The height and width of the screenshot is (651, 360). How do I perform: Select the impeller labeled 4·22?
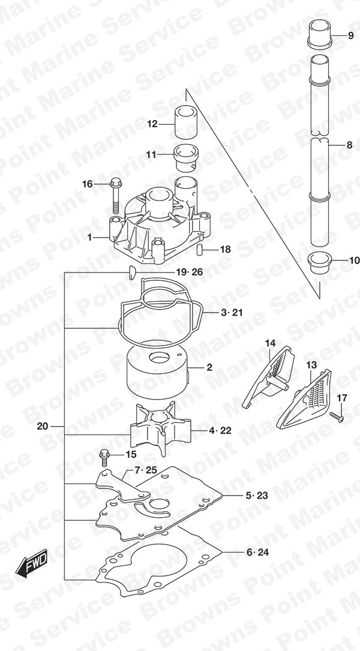coord(160,428)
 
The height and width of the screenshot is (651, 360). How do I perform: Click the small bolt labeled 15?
coord(103,458)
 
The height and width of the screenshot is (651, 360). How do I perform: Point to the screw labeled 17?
coord(337,416)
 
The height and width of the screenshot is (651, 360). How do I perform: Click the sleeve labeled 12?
coord(185,123)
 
